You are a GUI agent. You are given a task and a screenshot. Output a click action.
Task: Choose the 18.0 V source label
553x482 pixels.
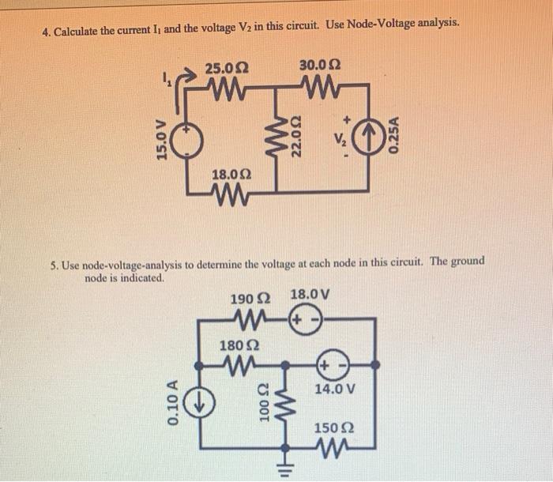point(310,296)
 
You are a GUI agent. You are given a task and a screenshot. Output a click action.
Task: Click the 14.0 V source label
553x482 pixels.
point(335,389)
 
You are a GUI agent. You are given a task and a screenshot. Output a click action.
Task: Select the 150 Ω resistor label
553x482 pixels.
point(334,429)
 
